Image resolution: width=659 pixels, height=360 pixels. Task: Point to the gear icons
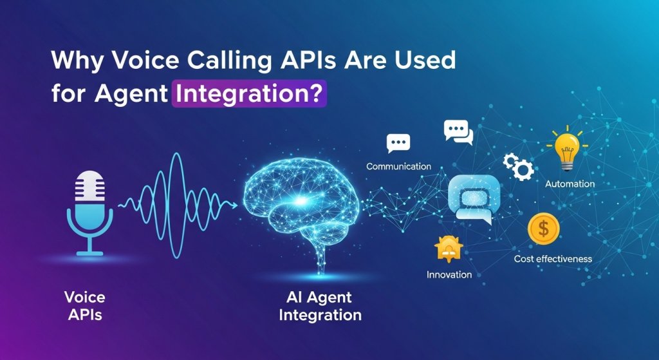click(518, 166)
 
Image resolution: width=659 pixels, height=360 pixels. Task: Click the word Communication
click(398, 166)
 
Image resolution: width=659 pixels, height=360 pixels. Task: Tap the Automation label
click(570, 184)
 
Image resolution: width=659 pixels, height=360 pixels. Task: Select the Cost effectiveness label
click(553, 259)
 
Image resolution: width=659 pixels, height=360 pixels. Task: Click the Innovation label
click(449, 274)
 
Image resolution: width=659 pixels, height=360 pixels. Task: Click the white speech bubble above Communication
click(398, 142)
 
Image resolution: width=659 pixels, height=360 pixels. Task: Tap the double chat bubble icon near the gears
click(458, 131)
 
